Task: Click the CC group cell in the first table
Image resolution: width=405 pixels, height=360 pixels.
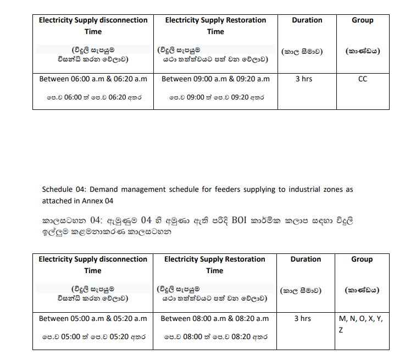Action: (x=362, y=79)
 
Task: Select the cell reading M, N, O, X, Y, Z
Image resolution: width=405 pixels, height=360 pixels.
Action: (x=361, y=324)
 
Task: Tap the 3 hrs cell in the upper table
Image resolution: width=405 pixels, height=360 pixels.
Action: (x=303, y=79)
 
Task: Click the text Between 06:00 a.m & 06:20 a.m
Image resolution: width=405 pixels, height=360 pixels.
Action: (x=93, y=79)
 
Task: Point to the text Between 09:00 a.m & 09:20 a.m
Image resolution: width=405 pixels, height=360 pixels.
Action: (x=215, y=79)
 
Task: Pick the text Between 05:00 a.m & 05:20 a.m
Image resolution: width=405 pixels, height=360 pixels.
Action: (x=93, y=318)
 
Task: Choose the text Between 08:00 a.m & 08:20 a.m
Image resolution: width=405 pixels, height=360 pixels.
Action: (x=215, y=318)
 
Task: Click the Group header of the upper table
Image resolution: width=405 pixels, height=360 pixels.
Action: (x=362, y=20)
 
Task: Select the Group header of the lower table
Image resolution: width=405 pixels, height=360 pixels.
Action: (x=362, y=259)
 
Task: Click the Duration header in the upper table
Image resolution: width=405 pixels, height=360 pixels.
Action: (x=307, y=20)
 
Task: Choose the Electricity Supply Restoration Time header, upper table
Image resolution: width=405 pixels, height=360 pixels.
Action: (x=215, y=26)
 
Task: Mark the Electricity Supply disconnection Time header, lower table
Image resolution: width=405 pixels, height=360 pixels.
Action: (x=93, y=265)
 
